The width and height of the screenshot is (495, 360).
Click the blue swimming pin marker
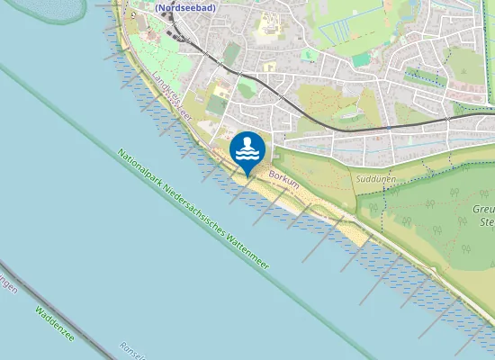pyautogui.click(x=247, y=150)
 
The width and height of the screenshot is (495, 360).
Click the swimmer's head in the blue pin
pyautogui.click(x=247, y=143)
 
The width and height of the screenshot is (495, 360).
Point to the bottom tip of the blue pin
pyautogui.click(x=247, y=175)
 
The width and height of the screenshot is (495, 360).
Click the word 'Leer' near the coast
pyautogui.click(x=187, y=110)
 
